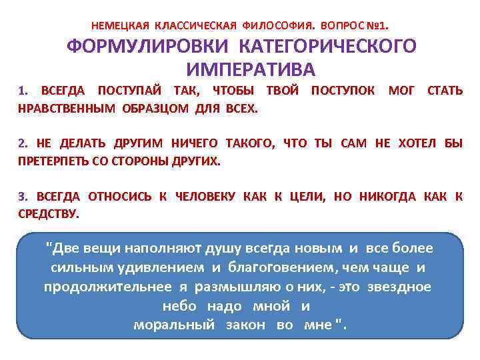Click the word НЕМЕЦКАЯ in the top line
(x=120, y=26)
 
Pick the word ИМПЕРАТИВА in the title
(x=251, y=69)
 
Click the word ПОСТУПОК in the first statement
(x=343, y=90)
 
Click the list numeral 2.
(x=22, y=143)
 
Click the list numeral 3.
(x=22, y=196)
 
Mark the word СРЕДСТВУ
(x=48, y=214)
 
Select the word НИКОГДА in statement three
(x=388, y=196)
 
